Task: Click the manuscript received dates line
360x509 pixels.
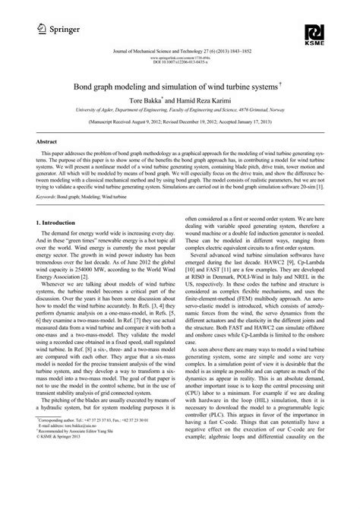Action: click(180, 121)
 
